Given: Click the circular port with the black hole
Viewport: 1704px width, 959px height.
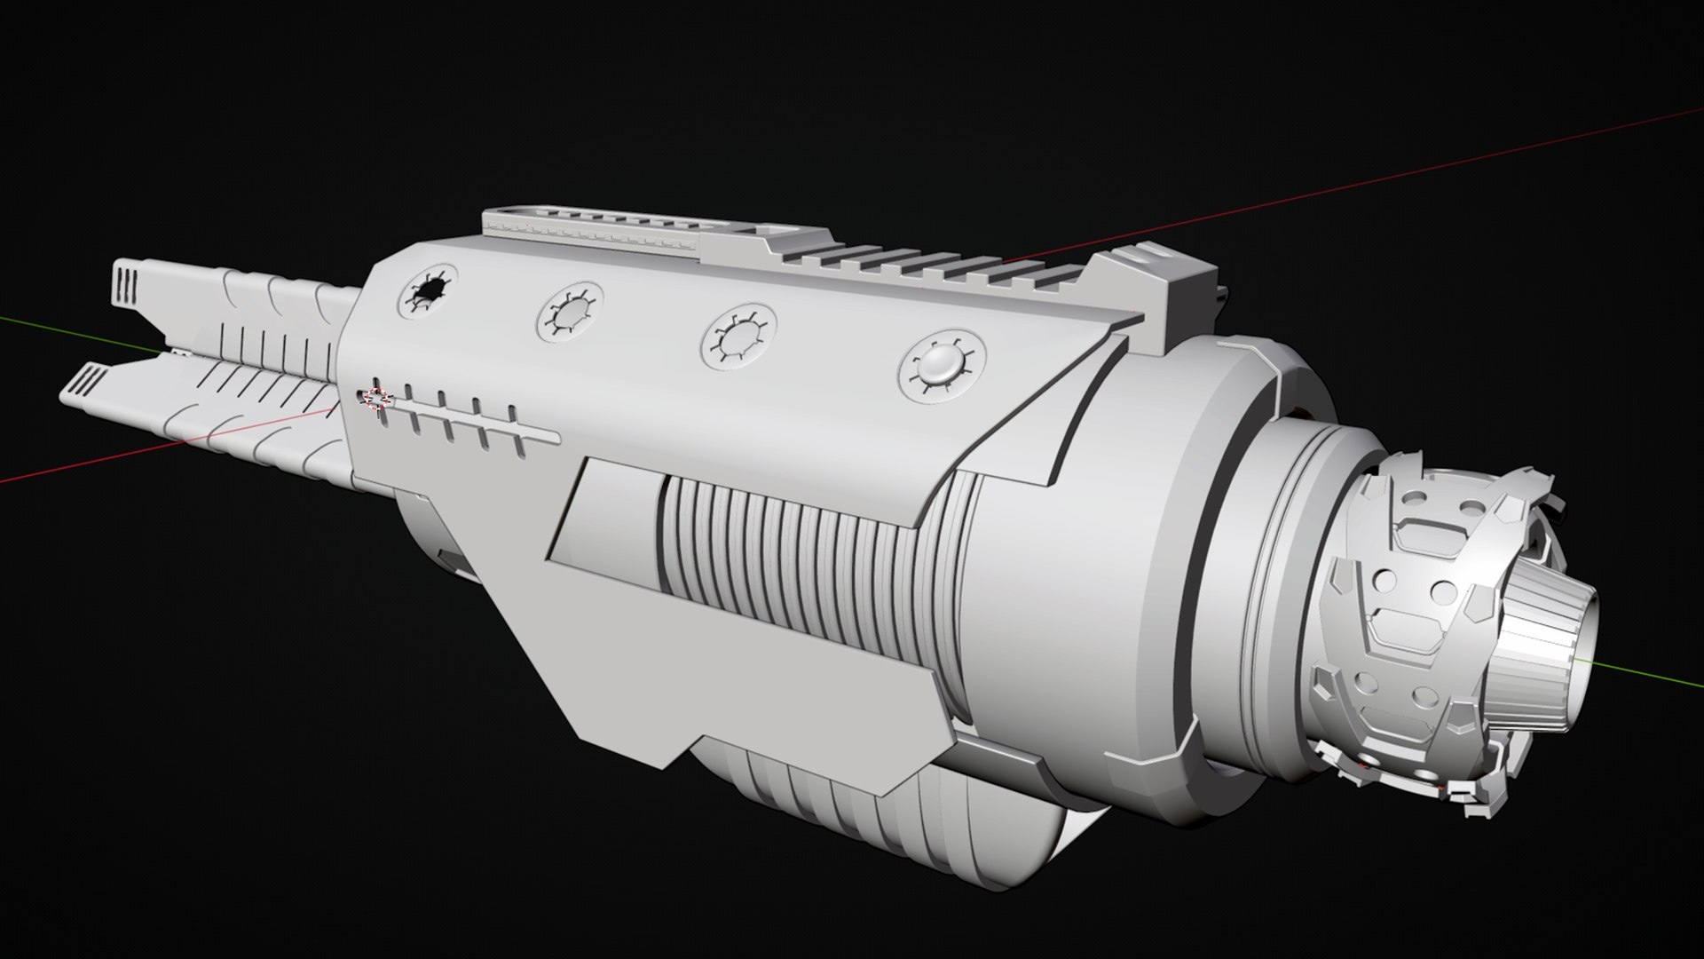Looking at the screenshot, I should [429, 290].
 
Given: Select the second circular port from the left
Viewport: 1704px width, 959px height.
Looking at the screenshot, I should [570, 312].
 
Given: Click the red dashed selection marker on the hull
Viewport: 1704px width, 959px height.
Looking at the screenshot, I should [378, 399].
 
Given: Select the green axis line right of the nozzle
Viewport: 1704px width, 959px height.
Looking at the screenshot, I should [1651, 676].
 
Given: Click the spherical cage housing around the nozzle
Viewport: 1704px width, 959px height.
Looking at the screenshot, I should [1402, 639].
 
